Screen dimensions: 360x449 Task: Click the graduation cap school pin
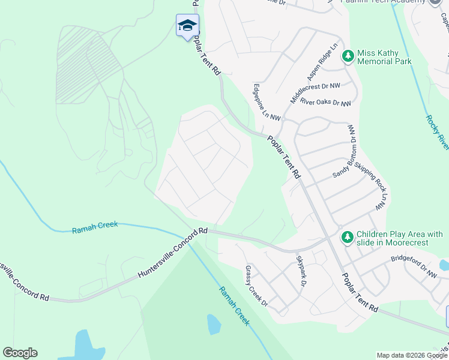[187, 26]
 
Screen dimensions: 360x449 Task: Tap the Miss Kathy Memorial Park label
[384, 57]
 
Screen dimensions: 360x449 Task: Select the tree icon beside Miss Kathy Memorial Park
[347, 56]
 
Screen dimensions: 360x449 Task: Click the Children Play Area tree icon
[346, 238]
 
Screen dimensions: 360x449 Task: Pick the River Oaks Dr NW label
[325, 103]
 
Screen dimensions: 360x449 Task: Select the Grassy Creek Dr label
[256, 286]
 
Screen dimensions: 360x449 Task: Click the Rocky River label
[437, 132]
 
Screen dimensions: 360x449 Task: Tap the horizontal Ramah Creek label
[95, 227]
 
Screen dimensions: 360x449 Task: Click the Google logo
[20, 353]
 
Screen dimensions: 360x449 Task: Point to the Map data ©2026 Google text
[411, 355]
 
